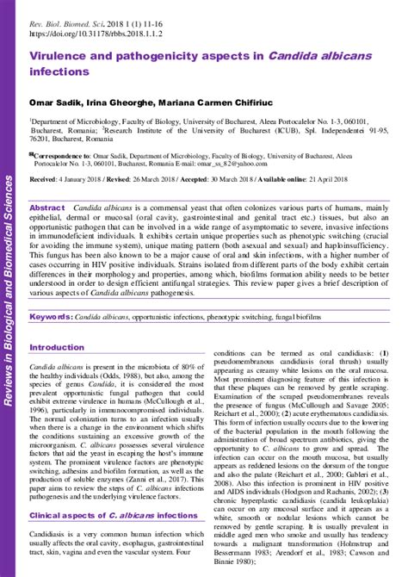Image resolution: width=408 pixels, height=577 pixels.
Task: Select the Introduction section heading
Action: point(57,347)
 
